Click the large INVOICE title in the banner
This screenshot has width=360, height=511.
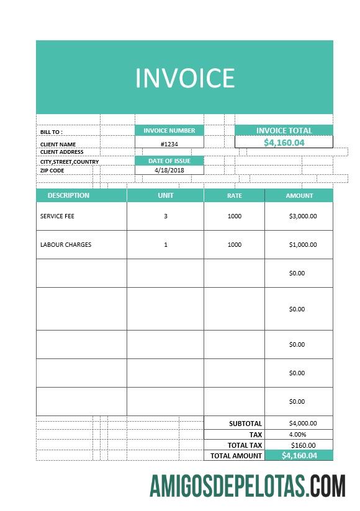[185, 78]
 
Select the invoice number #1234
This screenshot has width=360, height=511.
[169, 144]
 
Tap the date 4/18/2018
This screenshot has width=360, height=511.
[169, 170]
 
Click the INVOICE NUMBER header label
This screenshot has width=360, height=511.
[169, 131]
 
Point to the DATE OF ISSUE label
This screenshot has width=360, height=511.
[169, 161]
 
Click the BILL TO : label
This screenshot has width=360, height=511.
[52, 132]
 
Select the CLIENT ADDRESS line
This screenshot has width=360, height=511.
[61, 152]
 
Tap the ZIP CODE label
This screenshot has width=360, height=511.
[52, 171]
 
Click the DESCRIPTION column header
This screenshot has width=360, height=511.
[68, 195]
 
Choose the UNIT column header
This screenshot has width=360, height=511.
[166, 195]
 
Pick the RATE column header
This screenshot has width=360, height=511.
[234, 196]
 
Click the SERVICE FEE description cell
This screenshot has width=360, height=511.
[57, 216]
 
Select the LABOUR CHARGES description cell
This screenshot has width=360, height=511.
[66, 245]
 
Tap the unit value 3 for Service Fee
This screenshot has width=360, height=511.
[166, 216]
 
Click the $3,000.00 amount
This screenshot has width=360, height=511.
[303, 216]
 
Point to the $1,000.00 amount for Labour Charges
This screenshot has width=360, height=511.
[303, 245]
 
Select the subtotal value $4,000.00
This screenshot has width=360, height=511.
[303, 424]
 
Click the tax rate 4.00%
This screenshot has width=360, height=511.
[297, 434]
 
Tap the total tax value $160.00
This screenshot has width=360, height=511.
[303, 445]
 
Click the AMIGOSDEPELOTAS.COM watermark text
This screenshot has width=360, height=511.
[248, 486]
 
